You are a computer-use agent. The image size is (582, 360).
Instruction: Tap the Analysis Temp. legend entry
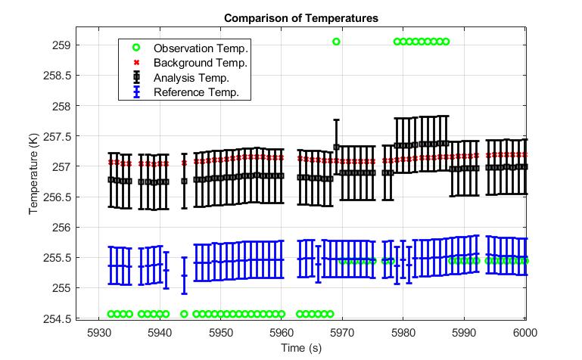point(191,77)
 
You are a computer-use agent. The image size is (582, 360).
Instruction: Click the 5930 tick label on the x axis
point(98,333)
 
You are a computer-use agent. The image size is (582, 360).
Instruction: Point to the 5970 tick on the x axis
point(343,333)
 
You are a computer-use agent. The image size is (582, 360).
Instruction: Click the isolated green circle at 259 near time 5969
point(336,42)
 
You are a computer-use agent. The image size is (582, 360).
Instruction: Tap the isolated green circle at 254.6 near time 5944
point(184,313)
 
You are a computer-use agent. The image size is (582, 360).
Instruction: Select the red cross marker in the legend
point(137,63)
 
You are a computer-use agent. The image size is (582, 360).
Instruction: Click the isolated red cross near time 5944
point(184,163)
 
